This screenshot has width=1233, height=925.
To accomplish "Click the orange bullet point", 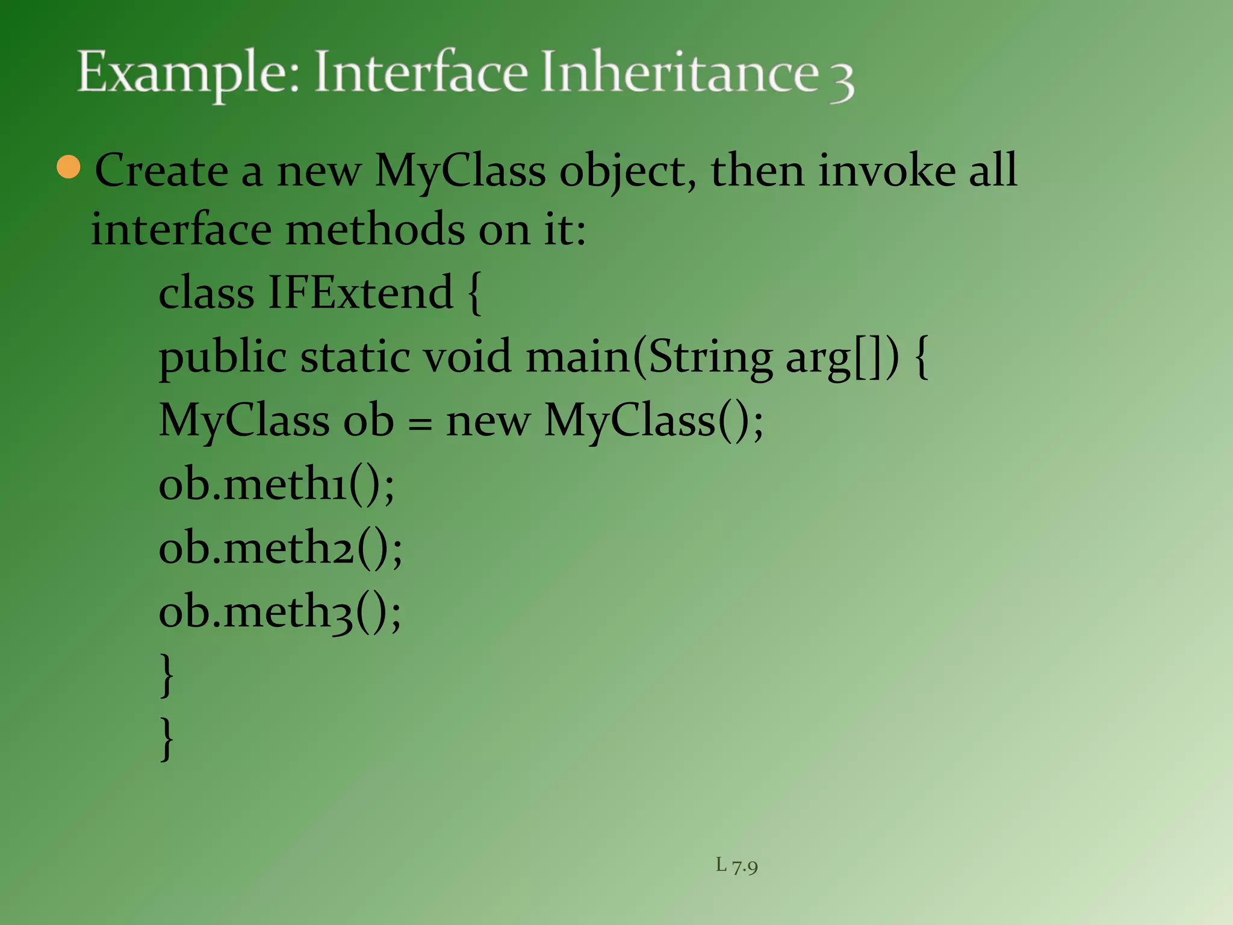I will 69,167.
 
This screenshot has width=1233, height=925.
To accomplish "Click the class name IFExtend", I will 359,293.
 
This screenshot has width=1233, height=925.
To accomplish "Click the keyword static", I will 355,357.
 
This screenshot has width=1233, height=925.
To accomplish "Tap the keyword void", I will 467,357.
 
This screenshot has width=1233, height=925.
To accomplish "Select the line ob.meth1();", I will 276,484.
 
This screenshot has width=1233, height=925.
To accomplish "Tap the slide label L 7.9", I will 736,866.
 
